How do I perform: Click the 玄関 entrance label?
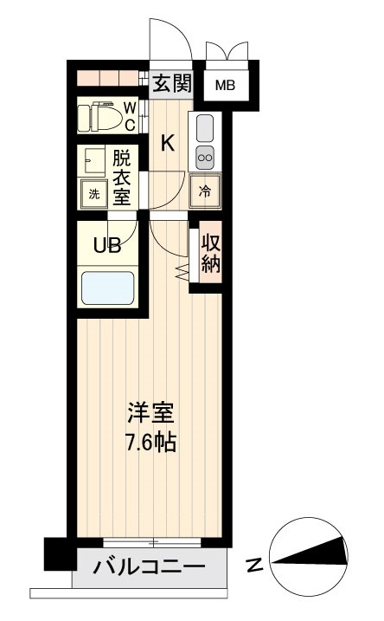tap(171, 83)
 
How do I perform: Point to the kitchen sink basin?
tap(205, 128)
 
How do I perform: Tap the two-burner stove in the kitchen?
tap(205, 157)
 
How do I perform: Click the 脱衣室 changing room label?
tap(122, 178)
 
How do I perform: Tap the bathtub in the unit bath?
tap(107, 288)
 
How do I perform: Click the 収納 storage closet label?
tap(210, 253)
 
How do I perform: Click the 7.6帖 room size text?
tap(148, 443)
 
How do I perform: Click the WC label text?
tap(129, 116)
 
